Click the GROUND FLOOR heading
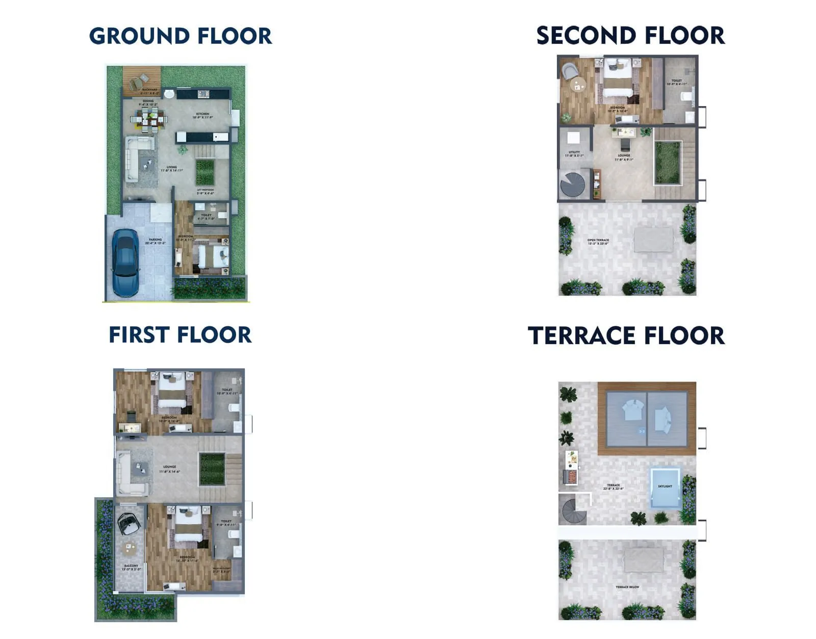coord(181,36)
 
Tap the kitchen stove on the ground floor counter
coord(203,94)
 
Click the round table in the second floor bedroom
coord(578,85)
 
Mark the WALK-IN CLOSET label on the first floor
coord(222,570)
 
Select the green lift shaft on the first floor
coord(211,469)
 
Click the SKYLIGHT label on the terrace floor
coord(665,487)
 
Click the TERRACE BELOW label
coord(627,587)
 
